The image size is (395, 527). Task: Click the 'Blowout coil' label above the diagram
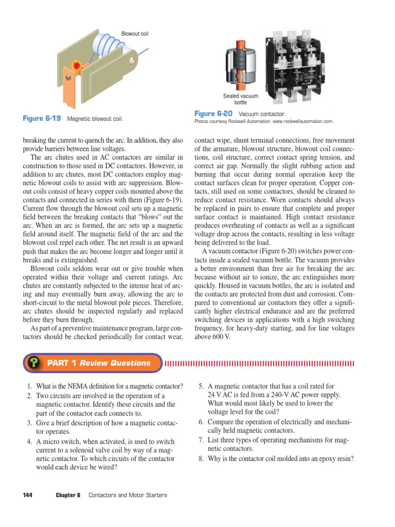(x=134, y=34)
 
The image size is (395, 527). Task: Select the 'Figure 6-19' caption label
(x=42, y=119)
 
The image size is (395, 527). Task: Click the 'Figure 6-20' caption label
(x=213, y=113)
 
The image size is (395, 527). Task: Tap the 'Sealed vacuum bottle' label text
(x=241, y=99)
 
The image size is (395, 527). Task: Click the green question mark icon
(x=34, y=363)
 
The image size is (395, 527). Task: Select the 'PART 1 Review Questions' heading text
(x=99, y=363)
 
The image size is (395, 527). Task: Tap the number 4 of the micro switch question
(x=30, y=442)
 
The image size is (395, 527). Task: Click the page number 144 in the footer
(x=28, y=495)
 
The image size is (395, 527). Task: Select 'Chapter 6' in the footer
(x=68, y=495)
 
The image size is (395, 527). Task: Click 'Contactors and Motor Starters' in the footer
(x=128, y=495)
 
